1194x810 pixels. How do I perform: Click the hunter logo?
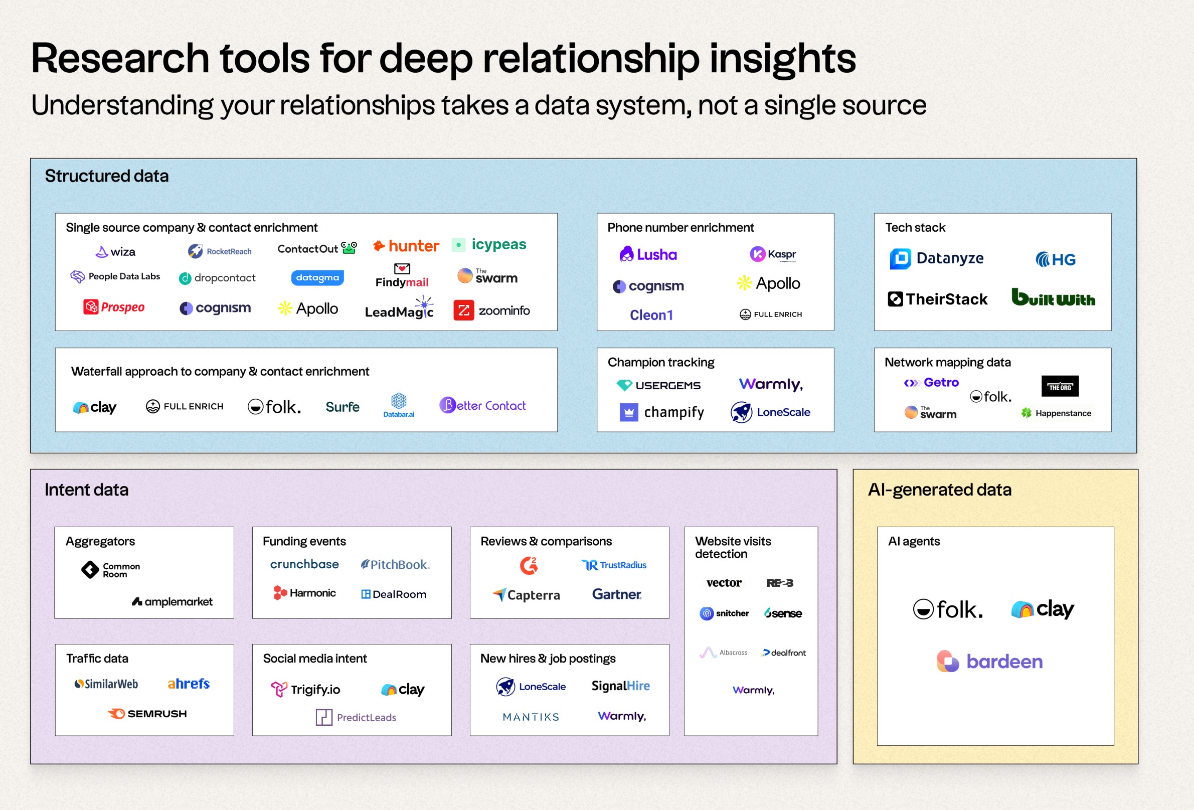406,246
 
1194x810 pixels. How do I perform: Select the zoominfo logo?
491,310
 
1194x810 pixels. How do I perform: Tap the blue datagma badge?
317,277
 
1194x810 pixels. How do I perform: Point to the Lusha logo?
648,254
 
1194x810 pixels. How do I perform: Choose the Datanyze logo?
937,258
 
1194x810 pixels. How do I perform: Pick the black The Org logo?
1060,386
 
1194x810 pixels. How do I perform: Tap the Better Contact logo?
482,405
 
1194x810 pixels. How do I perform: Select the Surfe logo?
343,407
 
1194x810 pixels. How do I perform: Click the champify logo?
662,412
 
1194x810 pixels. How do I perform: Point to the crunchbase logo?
305,564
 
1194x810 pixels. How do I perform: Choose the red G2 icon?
529,565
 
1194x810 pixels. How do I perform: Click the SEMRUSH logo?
147,713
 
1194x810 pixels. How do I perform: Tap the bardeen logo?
989,661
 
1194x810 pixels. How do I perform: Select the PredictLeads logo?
356,717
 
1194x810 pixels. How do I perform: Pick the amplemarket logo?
172,601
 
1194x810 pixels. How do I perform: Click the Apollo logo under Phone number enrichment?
769,283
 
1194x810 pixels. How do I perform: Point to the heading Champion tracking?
661,362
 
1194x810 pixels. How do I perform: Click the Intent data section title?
86,490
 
